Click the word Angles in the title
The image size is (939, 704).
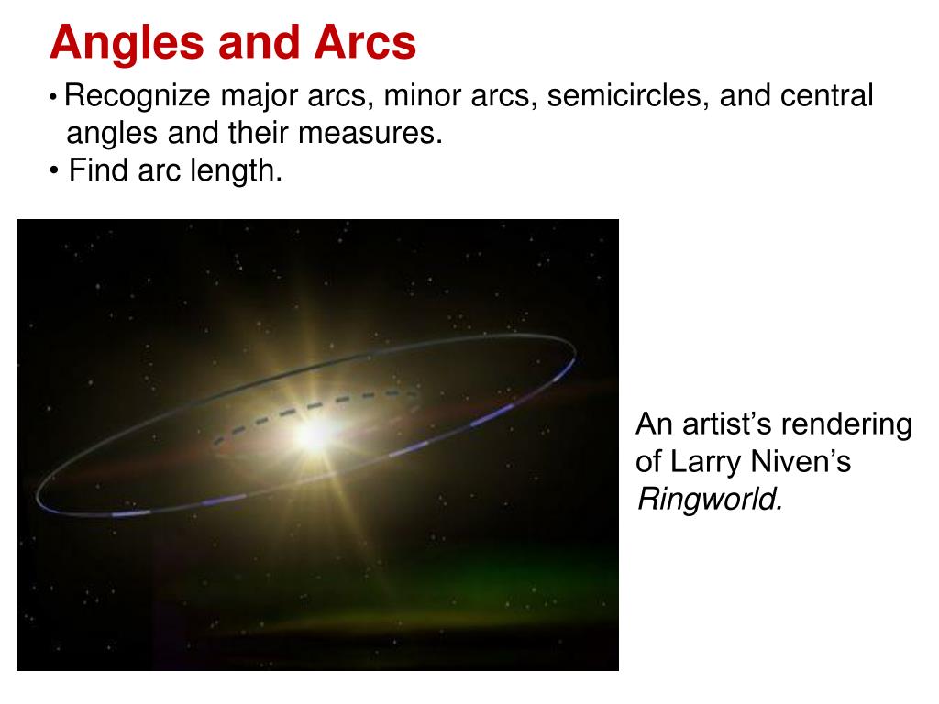point(127,44)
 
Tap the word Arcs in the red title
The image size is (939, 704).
point(365,42)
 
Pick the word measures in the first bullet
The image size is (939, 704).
point(370,134)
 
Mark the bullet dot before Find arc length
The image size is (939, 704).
point(54,171)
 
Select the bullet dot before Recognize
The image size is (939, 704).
point(53,96)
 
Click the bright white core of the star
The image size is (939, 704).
point(314,434)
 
